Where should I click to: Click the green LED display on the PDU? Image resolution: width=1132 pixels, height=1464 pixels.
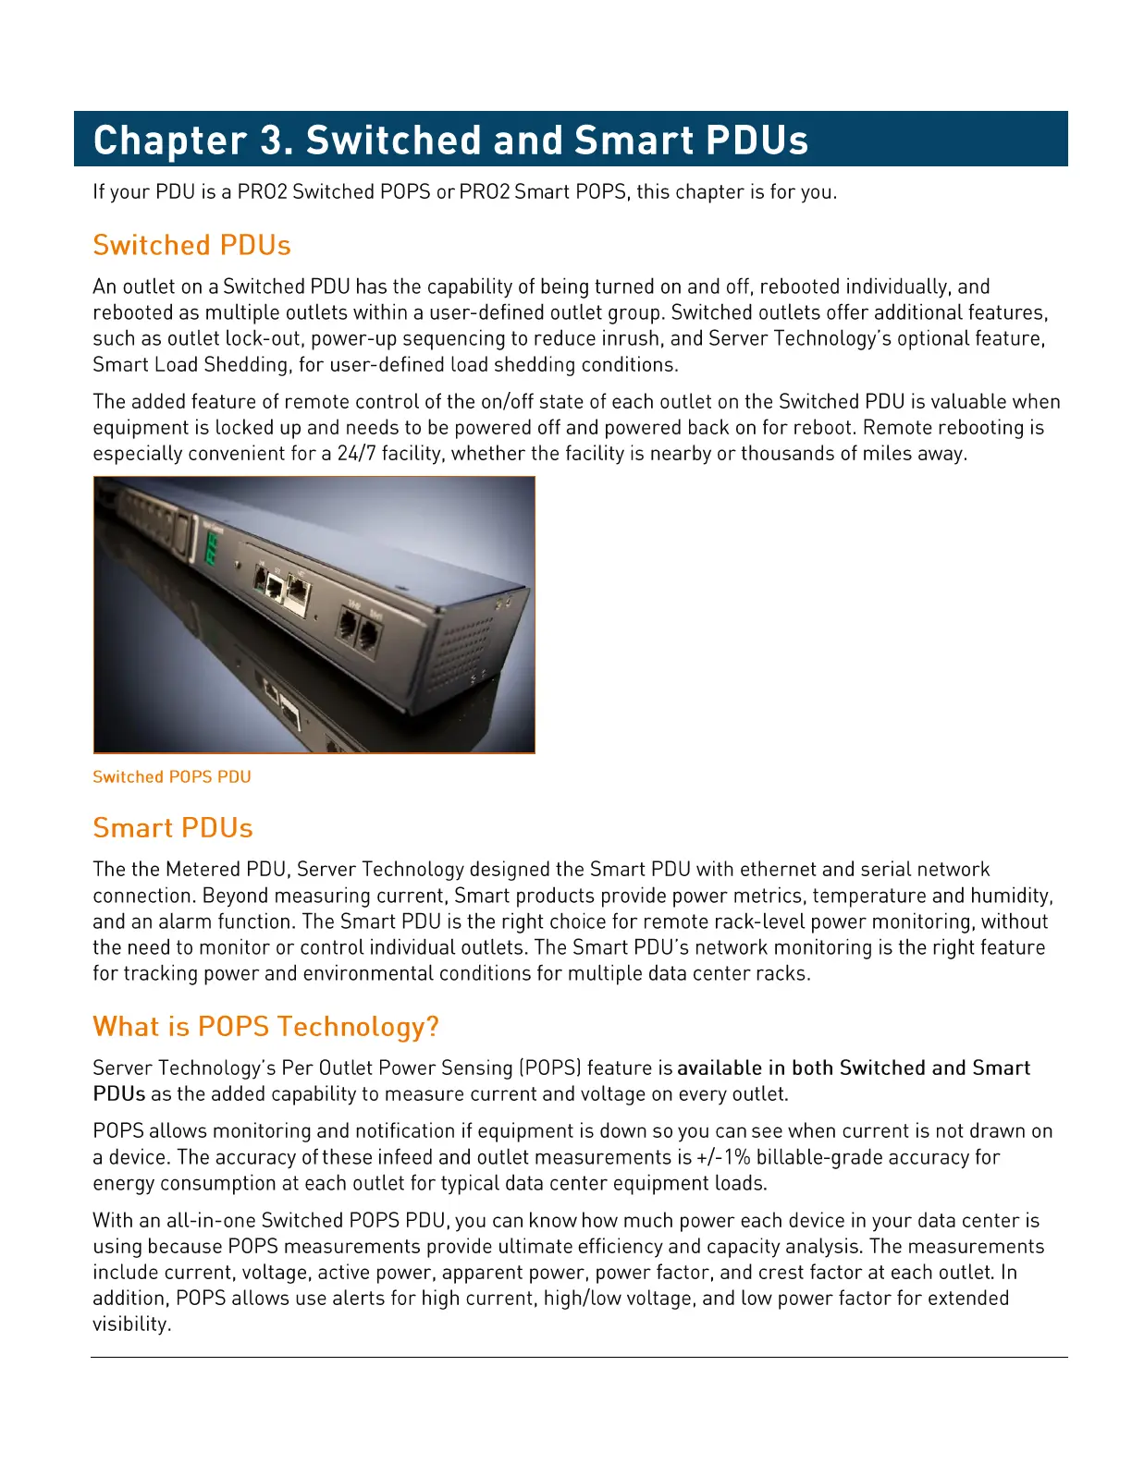(212, 547)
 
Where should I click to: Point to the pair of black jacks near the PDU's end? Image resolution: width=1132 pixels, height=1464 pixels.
(357, 631)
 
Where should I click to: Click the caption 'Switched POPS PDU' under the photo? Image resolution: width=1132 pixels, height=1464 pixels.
(172, 777)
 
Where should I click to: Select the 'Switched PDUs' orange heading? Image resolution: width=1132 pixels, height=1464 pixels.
(191, 246)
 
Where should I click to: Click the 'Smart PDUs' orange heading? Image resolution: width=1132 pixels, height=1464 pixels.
(173, 828)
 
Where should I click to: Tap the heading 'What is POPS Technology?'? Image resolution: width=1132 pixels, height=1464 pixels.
(265, 1027)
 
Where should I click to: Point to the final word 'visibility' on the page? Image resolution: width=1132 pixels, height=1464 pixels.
(131, 1324)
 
